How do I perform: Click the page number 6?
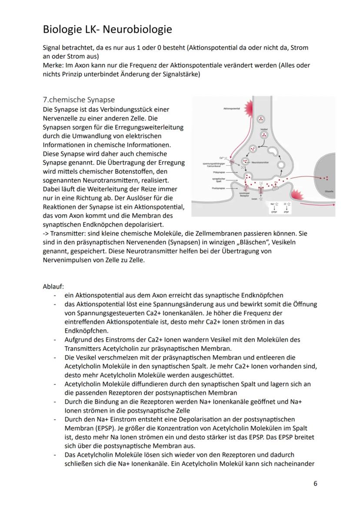click(315, 484)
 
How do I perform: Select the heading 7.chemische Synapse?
click(79, 100)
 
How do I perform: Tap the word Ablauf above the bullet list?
click(53, 286)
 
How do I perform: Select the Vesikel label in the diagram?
click(263, 129)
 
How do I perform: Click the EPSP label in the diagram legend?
click(274, 212)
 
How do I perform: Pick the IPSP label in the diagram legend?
click(287, 212)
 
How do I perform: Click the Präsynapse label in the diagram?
click(219, 172)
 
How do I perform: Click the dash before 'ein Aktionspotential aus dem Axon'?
click(55, 295)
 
